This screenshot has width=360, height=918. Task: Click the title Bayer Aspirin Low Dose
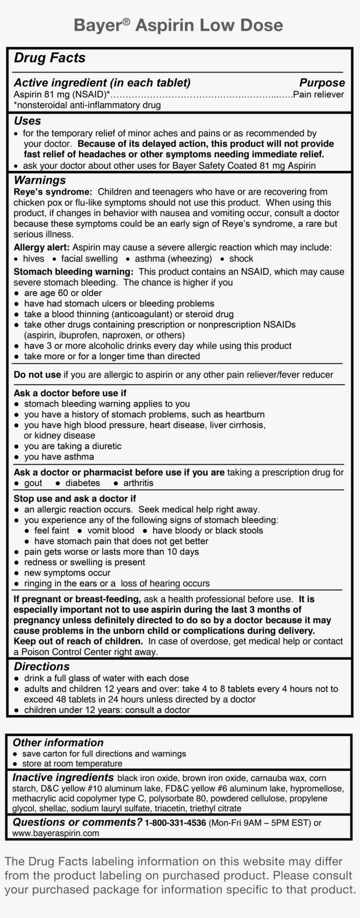point(178,25)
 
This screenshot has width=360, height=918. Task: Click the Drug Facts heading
point(50,58)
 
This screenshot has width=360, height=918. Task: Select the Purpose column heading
point(322,83)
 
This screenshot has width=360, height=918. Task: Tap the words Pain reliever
point(318,94)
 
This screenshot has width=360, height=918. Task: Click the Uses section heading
point(27,121)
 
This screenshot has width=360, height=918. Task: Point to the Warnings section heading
point(40,180)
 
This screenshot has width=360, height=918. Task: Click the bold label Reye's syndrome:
point(53,192)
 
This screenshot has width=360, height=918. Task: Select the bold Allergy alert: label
point(42,247)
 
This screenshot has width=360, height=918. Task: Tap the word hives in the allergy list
point(33,259)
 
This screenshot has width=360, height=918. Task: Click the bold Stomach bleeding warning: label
point(73,272)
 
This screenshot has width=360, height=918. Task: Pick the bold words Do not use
point(37,375)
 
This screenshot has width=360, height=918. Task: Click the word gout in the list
point(33,483)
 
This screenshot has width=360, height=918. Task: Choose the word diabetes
point(83,483)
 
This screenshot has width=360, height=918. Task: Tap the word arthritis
point(138,483)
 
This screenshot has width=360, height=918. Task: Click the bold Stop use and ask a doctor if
point(75,499)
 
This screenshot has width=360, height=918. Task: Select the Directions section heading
point(42,666)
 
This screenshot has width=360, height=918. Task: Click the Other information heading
point(58,743)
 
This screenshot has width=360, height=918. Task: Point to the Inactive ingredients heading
point(63,777)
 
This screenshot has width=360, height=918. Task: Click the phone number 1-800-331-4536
point(175,823)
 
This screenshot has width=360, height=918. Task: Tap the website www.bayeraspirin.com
point(56,833)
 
